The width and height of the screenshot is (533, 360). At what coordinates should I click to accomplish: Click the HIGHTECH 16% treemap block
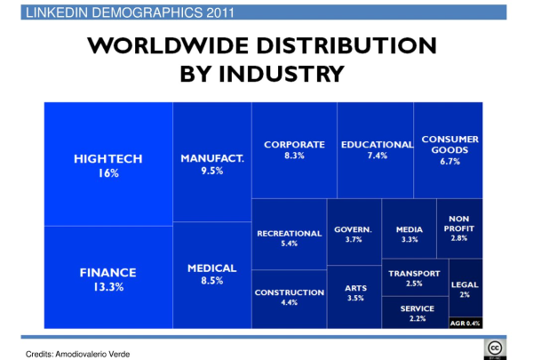click(x=108, y=164)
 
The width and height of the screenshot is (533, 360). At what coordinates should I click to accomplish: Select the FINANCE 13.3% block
click(x=108, y=277)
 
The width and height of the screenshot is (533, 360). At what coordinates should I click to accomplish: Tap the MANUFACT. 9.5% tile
click(x=211, y=163)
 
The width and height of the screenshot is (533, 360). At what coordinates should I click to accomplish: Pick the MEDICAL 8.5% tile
click(x=211, y=274)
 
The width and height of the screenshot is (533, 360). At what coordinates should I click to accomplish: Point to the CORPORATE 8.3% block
click(x=293, y=149)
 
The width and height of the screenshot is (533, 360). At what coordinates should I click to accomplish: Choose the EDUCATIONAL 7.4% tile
click(x=375, y=149)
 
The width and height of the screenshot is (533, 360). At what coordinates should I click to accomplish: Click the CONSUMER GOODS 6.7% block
click(x=449, y=149)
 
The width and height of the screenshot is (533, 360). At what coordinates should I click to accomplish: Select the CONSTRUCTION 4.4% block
click(x=289, y=298)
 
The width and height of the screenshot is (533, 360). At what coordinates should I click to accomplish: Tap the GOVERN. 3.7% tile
click(x=353, y=233)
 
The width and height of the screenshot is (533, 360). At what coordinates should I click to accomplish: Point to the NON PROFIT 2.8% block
click(x=459, y=228)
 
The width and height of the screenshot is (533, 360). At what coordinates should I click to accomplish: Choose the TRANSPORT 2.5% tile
click(x=414, y=277)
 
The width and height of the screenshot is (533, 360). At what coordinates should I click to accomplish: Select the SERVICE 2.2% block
click(x=414, y=312)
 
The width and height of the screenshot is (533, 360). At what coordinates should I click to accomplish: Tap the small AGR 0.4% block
click(x=465, y=323)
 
